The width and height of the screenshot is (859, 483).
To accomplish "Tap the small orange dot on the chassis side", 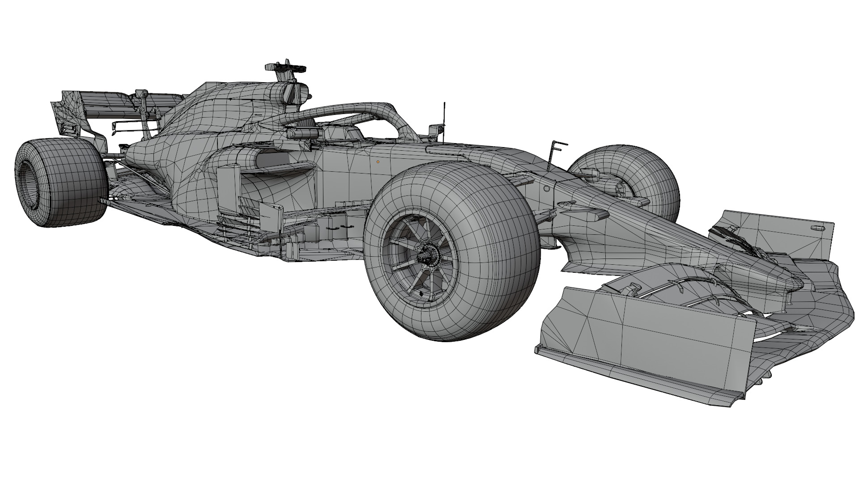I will (x=378, y=162).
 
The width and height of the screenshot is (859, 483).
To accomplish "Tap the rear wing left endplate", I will (x=67, y=112).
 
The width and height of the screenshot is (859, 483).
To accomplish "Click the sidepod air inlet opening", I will (x=273, y=159).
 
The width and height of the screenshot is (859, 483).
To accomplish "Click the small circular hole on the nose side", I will (x=546, y=188).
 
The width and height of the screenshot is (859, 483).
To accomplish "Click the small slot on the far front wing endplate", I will (x=817, y=228).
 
